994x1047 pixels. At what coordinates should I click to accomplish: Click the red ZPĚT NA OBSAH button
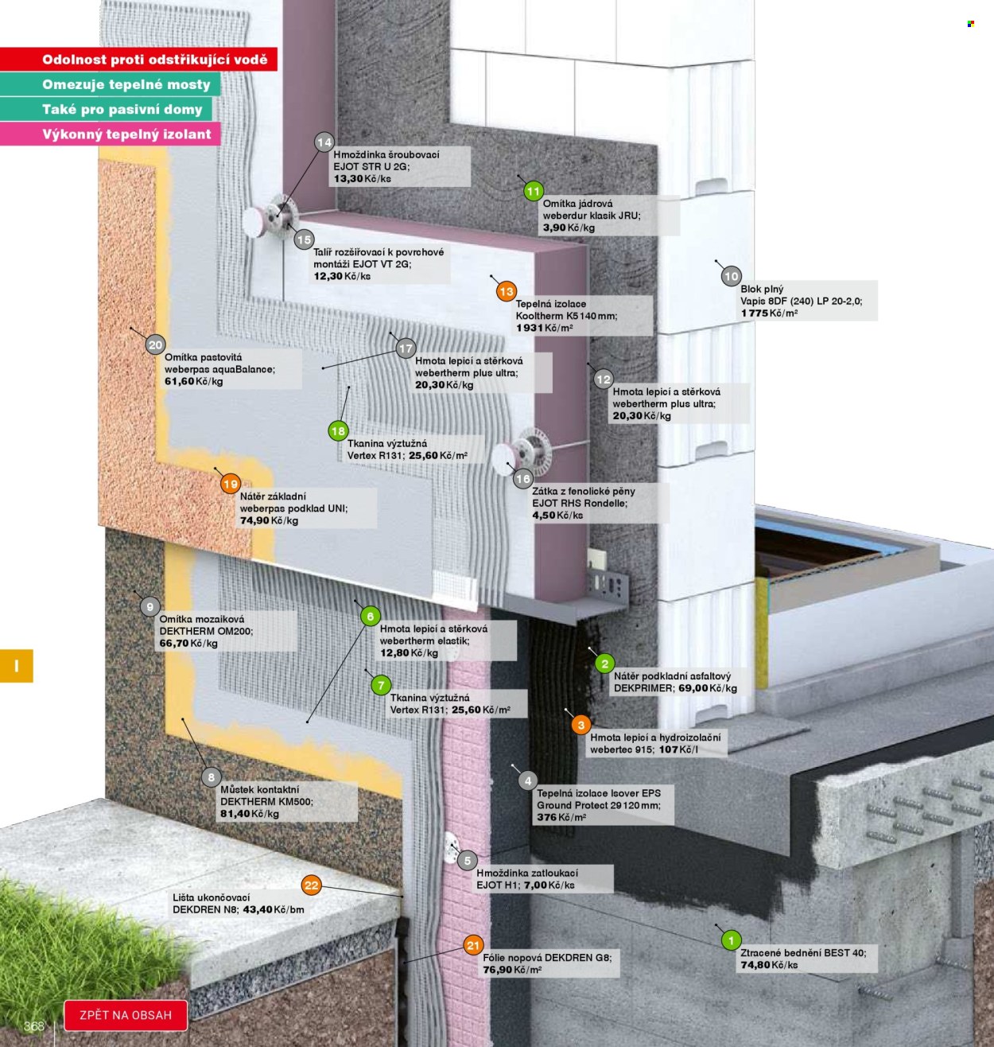pos(126,1015)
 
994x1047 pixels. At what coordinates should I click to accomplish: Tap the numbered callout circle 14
pos(324,142)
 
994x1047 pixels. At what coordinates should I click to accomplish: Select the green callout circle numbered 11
pos(533,191)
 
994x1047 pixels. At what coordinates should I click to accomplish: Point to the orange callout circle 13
pos(507,291)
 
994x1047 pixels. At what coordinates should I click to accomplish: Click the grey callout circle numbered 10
pos(731,276)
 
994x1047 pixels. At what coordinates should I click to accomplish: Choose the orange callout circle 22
pos(312,885)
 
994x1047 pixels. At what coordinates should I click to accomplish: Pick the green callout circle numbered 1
pos(731,940)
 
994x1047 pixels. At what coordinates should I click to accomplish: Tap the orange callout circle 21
pos(473,945)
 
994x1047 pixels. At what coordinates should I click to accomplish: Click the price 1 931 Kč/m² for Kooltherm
pos(544,328)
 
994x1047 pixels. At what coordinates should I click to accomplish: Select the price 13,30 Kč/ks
pos(362,179)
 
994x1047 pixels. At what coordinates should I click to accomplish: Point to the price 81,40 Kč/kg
pos(249,814)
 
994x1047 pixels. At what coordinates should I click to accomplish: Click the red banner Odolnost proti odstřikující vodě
pos(138,59)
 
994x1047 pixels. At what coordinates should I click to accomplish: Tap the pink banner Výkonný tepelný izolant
pos(111,134)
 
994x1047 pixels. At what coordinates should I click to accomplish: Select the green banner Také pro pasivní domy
pos(106,109)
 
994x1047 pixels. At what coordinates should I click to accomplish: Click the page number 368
pos(34,1026)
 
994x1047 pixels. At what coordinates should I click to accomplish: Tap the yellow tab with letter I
pos(17,666)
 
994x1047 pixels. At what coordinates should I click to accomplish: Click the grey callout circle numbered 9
pos(149,606)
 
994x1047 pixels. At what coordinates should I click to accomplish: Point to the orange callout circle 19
pos(231,484)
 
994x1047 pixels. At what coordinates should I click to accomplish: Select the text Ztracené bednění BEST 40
pos(803,953)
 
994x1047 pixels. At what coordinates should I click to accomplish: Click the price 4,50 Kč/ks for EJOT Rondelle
pos(557,516)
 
